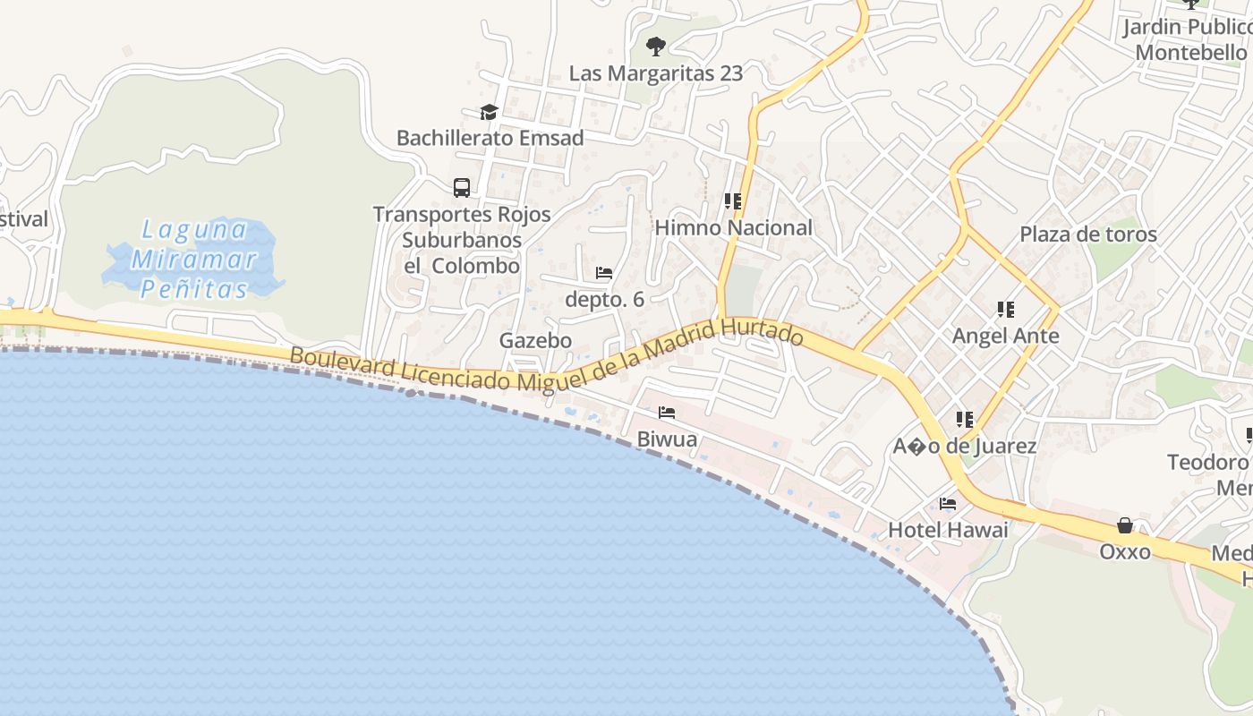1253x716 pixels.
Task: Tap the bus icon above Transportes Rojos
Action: pos(462,188)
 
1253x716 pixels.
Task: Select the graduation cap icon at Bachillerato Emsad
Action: pos(489,112)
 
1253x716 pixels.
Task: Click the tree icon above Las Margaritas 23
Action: pos(656,46)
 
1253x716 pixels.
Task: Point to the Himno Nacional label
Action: pos(733,227)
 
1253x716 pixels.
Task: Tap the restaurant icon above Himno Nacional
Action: pos(733,201)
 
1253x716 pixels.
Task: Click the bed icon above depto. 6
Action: pos(604,273)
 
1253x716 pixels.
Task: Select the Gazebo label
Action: pos(535,340)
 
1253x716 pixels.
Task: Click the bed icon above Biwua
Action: pos(667,413)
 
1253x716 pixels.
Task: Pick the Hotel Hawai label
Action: pos(948,530)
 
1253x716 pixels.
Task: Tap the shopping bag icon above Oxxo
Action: pos(1125,525)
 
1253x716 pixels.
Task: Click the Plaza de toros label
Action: pos(1088,234)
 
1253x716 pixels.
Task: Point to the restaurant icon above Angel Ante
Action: pos(1006,310)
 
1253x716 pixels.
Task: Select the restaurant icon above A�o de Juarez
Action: pos(965,419)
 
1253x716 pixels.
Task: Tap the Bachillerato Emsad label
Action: pos(490,138)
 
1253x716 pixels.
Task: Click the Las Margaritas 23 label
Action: pos(656,72)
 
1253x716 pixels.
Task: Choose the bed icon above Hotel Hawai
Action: pos(948,504)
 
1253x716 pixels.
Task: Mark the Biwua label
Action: pos(667,439)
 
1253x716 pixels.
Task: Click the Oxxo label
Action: pos(1125,551)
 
